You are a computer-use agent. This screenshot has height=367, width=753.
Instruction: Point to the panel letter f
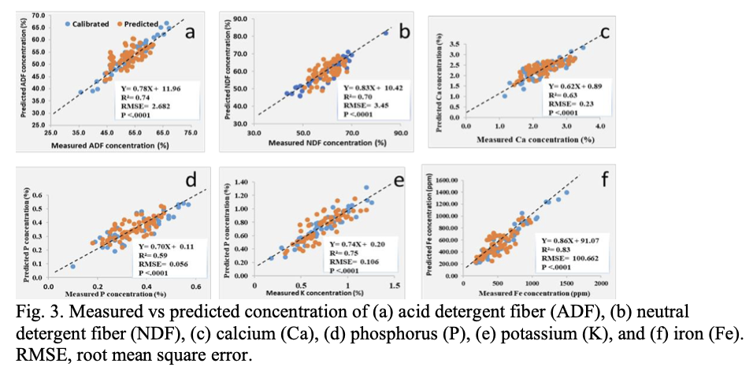[604, 180]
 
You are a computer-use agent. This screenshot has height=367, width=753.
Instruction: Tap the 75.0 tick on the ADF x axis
[191, 135]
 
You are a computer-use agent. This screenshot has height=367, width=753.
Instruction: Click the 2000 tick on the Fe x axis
[600, 283]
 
